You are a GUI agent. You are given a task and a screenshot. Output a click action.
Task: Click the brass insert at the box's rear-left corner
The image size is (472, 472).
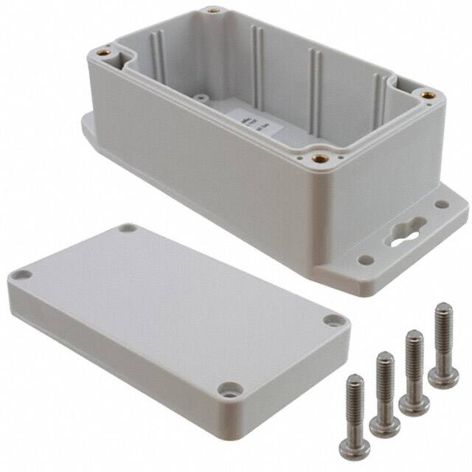pyautogui.click(x=213, y=11)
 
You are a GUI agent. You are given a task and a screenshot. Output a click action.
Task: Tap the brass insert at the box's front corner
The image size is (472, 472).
pyautogui.click(x=319, y=158)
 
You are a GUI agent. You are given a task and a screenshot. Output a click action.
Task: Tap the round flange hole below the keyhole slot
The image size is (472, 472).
pyautogui.click(x=365, y=260)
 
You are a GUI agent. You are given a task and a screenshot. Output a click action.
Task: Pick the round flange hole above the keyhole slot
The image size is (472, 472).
pyautogui.click(x=441, y=204)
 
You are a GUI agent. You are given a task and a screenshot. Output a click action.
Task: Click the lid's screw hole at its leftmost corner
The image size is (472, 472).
pyautogui.click(x=23, y=274)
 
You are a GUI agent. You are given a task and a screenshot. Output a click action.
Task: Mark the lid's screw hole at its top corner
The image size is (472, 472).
pyautogui.click(x=128, y=229)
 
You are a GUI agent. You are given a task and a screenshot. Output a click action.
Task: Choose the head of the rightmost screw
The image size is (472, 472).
pyautogui.click(x=444, y=378)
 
